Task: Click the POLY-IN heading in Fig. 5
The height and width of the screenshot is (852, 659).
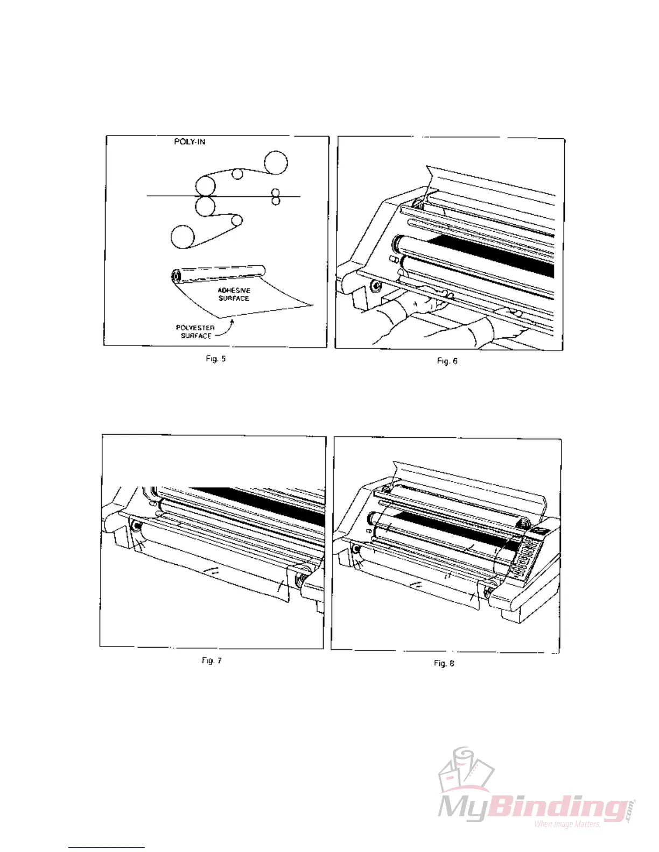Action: point(190,141)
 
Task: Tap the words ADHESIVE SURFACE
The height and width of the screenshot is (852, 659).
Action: point(234,294)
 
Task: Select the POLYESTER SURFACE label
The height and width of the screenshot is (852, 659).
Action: point(195,331)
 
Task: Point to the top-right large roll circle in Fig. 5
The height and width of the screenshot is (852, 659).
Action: point(276,163)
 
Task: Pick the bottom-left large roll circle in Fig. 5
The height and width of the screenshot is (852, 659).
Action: point(183,238)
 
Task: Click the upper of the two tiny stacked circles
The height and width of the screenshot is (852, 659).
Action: point(276,192)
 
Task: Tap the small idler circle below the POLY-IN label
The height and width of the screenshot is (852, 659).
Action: point(237,173)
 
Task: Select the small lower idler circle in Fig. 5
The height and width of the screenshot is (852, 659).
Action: point(236,221)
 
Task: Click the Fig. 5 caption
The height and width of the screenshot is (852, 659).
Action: point(215,359)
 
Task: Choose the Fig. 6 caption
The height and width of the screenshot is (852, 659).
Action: point(447,361)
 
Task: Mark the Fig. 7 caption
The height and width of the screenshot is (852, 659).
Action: point(212,661)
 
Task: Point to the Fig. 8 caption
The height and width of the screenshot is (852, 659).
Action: point(444,663)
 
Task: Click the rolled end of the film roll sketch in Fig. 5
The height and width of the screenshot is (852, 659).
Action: point(176,276)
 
